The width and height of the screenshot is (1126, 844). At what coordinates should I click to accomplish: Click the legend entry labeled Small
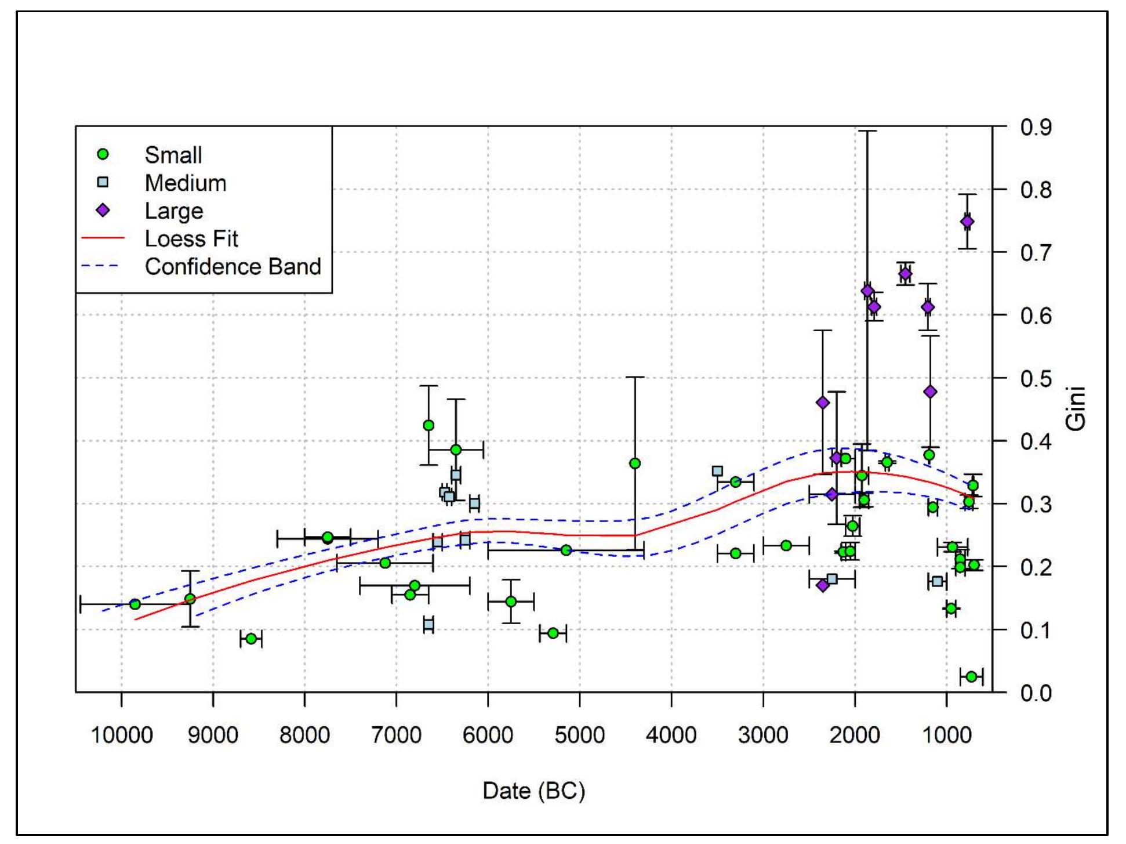pyautogui.click(x=173, y=155)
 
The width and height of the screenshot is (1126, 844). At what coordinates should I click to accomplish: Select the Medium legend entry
pyautogui.click(x=185, y=183)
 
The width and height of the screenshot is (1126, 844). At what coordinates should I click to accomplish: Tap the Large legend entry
pyautogui.click(x=173, y=211)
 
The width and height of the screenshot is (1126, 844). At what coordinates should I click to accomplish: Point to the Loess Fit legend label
pyautogui.click(x=191, y=238)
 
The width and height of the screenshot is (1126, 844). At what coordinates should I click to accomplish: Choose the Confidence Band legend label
pyautogui.click(x=233, y=266)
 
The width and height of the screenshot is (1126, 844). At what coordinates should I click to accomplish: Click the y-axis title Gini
pyautogui.click(x=1076, y=409)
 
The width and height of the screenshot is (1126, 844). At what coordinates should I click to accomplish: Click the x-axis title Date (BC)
pyautogui.click(x=533, y=791)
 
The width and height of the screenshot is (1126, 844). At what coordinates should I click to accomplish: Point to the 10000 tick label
pyautogui.click(x=121, y=735)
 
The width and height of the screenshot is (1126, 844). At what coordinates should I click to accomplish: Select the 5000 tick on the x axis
pyautogui.click(x=579, y=735)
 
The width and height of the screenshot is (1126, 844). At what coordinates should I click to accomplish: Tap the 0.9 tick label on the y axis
pyautogui.click(x=1036, y=127)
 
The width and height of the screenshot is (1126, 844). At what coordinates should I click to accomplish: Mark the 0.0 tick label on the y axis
pyautogui.click(x=1036, y=693)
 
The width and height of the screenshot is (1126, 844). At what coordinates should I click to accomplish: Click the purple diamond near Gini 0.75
pyautogui.click(x=967, y=222)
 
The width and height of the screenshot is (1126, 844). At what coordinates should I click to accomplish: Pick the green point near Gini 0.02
pyautogui.click(x=971, y=676)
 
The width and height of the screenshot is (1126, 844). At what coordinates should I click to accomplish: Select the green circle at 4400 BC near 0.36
pyautogui.click(x=635, y=463)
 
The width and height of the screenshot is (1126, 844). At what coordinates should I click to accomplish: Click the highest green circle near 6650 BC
pyautogui.click(x=428, y=425)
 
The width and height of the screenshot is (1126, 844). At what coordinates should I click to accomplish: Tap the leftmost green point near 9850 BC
pyautogui.click(x=135, y=604)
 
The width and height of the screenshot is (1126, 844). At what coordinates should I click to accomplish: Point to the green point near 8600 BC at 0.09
pyautogui.click(x=251, y=639)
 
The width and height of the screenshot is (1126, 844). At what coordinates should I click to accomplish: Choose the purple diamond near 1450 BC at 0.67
pyautogui.click(x=905, y=274)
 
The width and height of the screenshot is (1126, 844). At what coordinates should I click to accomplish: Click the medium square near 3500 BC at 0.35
pyautogui.click(x=717, y=471)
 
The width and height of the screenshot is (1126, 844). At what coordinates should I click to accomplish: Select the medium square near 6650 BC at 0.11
pyautogui.click(x=428, y=624)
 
